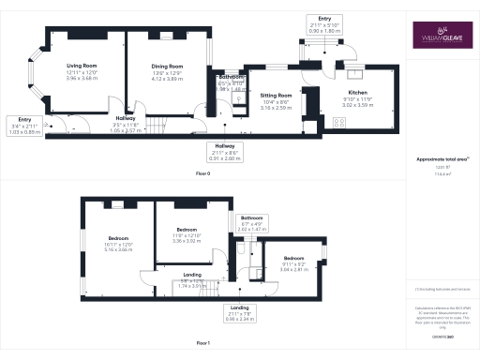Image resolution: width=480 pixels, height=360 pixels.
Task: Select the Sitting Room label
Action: click(x=276, y=96)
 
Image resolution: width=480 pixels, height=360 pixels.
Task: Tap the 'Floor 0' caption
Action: click(x=202, y=174)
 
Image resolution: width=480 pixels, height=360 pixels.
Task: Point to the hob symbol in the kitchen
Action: click(x=339, y=121)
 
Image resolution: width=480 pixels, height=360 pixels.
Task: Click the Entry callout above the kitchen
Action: click(x=324, y=18)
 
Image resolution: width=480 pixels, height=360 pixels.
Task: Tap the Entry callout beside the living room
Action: click(x=23, y=119)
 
